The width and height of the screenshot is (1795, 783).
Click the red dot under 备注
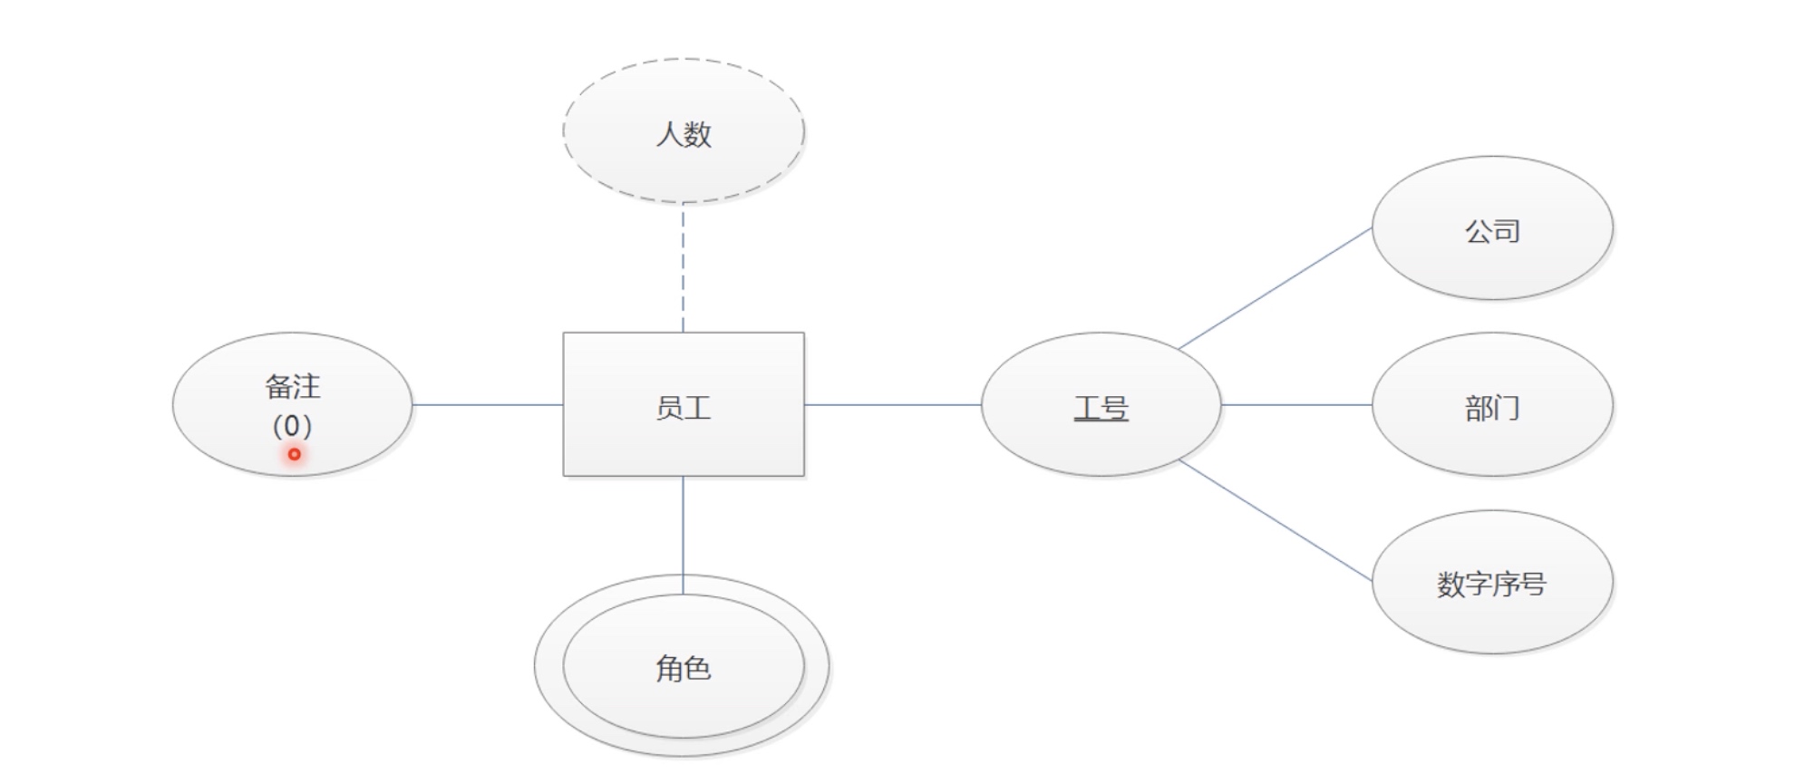click(x=295, y=454)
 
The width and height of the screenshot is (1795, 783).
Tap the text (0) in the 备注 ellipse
click(x=292, y=425)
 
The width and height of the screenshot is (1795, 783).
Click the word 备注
click(x=292, y=387)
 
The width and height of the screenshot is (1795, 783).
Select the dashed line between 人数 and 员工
click(x=683, y=267)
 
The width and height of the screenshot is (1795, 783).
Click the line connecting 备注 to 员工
click(x=488, y=404)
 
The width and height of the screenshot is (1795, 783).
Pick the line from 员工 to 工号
click(x=893, y=404)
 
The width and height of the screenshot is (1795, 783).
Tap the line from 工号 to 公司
click(x=1275, y=289)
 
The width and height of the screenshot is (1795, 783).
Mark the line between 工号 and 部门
click(x=1296, y=404)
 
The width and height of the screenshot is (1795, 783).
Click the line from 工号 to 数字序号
click(x=1275, y=519)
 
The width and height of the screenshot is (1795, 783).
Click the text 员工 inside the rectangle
click(x=683, y=408)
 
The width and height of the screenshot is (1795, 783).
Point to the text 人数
click(x=683, y=134)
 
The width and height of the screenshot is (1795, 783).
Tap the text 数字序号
click(x=1491, y=584)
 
